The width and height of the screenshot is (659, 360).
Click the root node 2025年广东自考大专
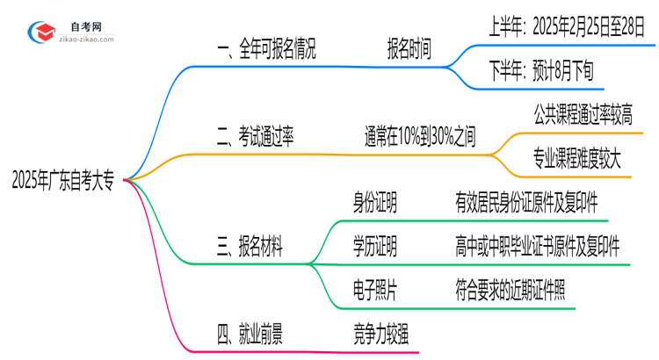click(62, 182)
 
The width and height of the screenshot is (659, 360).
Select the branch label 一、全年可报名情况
click(265, 51)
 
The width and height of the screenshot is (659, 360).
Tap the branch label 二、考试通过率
click(255, 136)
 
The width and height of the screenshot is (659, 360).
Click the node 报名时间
click(409, 51)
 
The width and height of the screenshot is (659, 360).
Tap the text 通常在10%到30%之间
click(420, 136)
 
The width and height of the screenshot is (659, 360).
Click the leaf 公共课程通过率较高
click(582, 114)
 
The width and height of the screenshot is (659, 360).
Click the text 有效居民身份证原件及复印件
click(527, 205)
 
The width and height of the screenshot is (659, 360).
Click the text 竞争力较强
click(380, 334)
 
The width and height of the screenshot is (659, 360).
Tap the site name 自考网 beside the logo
click(84, 28)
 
